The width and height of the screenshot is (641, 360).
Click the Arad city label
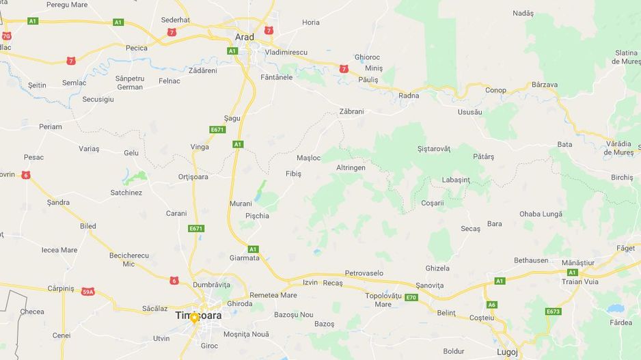coord(244,37)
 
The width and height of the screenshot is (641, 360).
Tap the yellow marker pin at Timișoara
coord(195,318)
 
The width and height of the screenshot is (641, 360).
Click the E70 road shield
coord(411,297)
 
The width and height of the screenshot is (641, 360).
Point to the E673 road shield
coord(553,311)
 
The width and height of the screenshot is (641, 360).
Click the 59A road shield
coord(87,292)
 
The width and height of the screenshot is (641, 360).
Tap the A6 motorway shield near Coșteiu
coord(492,305)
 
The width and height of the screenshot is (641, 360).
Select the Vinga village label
coord(200,147)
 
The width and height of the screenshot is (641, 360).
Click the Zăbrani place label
coord(351,111)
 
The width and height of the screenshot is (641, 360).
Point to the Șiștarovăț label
coord(433,148)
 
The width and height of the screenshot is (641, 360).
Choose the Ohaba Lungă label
coord(541,214)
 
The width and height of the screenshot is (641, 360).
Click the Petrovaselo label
coord(364,273)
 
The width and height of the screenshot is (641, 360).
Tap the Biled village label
coord(88,226)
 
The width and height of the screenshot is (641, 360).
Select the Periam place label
coord(51,126)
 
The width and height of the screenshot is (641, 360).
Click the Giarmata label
coord(245,258)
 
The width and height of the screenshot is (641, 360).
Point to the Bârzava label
coord(544,85)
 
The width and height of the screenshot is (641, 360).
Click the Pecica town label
coord(137,48)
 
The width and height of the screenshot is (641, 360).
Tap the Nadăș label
coord(523,13)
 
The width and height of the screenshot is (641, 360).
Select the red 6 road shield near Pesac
coord(26,175)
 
